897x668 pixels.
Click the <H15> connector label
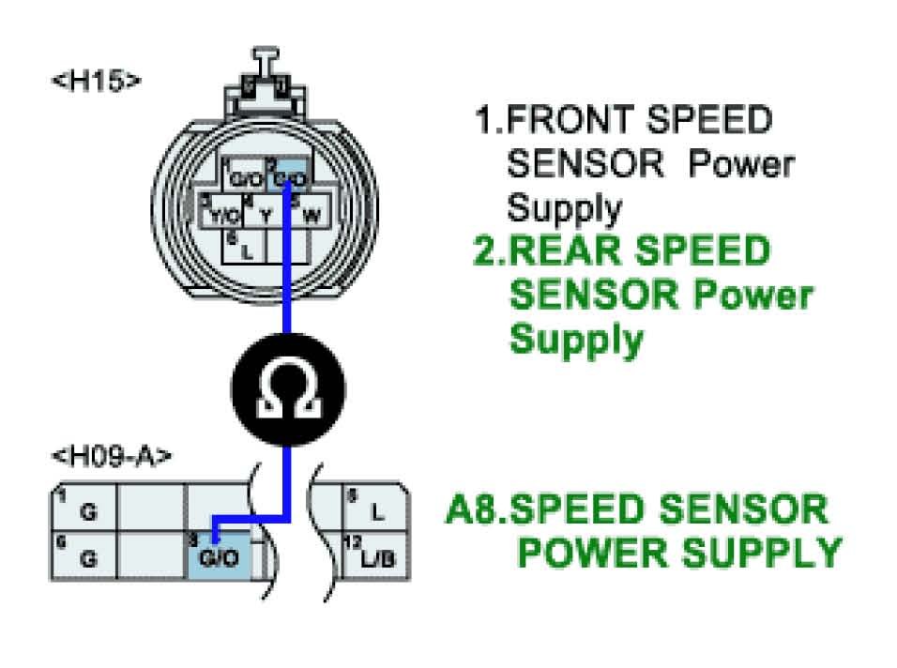[x=96, y=80]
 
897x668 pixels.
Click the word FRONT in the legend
[x=574, y=122]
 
